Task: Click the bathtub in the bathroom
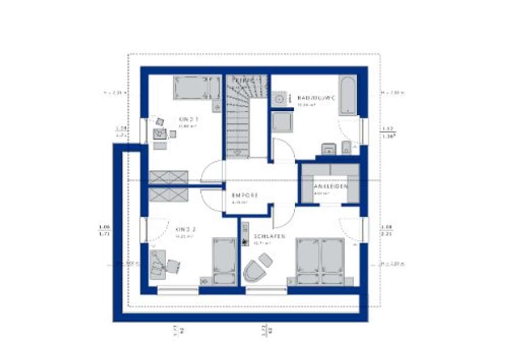click(347, 95)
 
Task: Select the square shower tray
click(282, 122)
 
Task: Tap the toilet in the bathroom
click(346, 147)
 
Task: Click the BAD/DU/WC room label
click(316, 98)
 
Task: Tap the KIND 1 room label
click(189, 119)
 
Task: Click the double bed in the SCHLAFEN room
click(320, 261)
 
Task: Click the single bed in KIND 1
click(197, 87)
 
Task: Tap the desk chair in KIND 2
click(172, 267)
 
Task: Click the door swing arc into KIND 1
click(212, 171)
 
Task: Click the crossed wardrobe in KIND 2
click(168, 194)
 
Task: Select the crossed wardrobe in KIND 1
click(168, 177)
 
